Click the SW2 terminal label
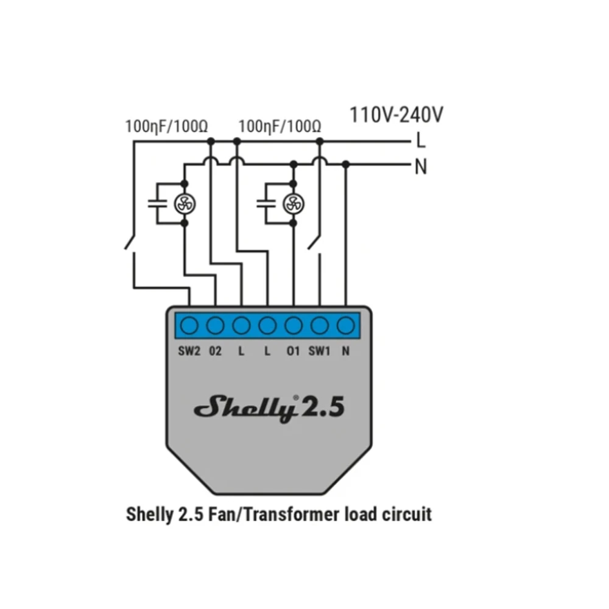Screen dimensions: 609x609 click(x=189, y=352)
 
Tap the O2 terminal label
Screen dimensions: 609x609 click(x=216, y=352)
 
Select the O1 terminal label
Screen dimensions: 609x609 click(x=293, y=352)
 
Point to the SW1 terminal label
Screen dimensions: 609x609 click(x=319, y=352)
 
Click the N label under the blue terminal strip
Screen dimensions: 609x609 click(x=346, y=352)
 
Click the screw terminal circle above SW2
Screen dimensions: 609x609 click(x=189, y=326)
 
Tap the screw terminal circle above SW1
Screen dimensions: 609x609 click(x=320, y=326)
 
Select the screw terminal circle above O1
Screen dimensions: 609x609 click(x=294, y=326)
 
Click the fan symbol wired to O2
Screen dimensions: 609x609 click(x=184, y=203)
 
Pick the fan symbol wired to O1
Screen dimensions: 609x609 click(x=294, y=203)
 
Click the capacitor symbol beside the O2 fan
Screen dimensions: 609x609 click(x=158, y=203)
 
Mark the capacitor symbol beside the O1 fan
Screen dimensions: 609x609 click(x=266, y=203)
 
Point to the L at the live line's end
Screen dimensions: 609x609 click(x=420, y=141)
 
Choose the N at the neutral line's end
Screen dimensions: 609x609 click(x=420, y=166)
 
